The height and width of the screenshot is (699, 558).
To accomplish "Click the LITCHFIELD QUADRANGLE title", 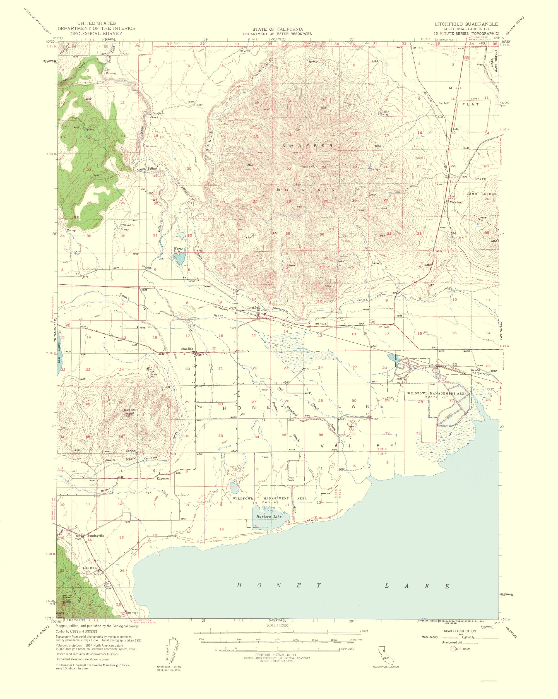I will (466, 24).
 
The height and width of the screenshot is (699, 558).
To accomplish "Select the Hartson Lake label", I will (268, 517).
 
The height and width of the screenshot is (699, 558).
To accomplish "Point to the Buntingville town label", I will (96, 535).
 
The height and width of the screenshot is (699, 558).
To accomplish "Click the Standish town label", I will (187, 349).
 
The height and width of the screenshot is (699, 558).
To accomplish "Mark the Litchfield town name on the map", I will (254, 307).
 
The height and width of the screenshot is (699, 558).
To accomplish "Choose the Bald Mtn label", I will (130, 410).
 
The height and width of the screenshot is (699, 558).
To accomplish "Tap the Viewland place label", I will (456, 202).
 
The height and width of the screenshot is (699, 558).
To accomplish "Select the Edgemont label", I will (163, 479).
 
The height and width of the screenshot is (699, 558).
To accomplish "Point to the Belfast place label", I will (152, 169).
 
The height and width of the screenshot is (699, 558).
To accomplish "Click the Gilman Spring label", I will (384, 113).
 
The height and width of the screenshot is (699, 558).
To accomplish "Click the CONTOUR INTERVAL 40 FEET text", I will (277, 655).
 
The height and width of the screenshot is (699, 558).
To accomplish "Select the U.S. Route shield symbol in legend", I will (453, 649).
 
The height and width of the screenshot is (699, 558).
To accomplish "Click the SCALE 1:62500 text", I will (277, 625).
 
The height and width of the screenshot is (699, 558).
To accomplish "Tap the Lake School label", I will (90, 568).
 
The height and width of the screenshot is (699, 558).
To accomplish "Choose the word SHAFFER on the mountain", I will (307, 146).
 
